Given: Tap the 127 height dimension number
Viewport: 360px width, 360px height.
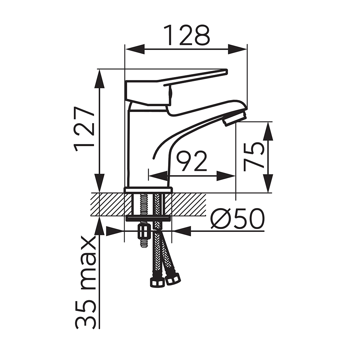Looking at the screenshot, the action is tap(84, 129).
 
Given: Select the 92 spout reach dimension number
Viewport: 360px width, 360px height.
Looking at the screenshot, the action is tap(192, 161).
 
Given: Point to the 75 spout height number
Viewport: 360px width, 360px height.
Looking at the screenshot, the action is tap(253, 157).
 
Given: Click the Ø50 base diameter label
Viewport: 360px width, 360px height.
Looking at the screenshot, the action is tap(237, 219).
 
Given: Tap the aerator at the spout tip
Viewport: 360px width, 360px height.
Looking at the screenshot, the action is tap(235, 117).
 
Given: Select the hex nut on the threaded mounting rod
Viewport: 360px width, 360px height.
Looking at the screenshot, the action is tap(143, 232).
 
